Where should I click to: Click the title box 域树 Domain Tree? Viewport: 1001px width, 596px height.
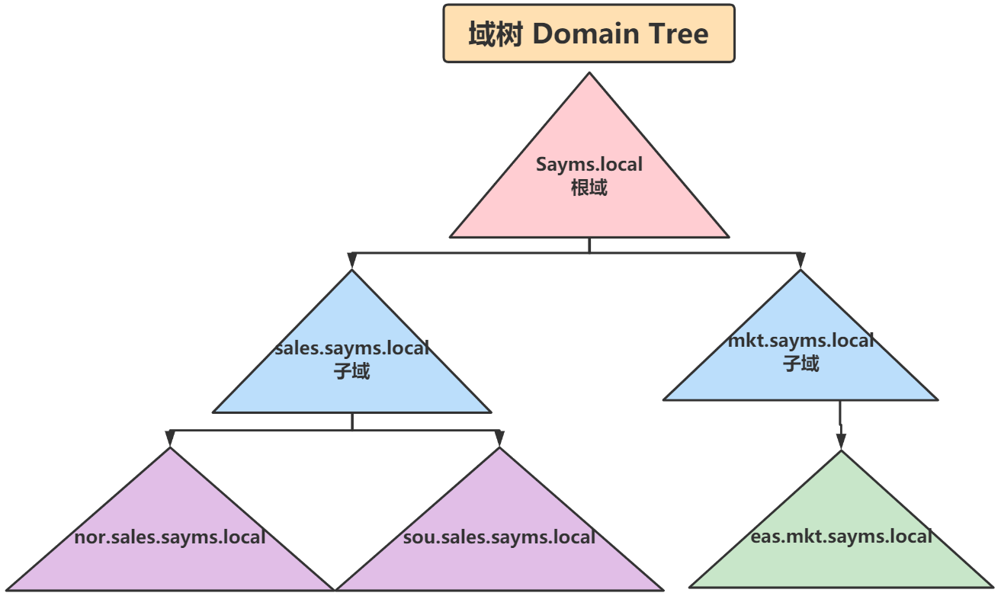pos(589,34)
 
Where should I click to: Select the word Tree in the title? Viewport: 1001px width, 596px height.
pos(679,34)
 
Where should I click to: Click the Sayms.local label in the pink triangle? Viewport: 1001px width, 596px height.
pos(589,164)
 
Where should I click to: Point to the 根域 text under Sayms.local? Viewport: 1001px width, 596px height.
pos(589,187)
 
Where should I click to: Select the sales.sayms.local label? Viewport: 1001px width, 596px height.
pos(352,348)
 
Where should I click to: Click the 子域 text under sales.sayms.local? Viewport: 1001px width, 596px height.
pos(352,372)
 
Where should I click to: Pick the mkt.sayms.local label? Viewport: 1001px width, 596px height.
pos(800,340)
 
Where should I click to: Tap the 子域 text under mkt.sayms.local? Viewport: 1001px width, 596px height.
pos(800,364)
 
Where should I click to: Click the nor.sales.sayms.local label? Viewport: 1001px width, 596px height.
pos(170,537)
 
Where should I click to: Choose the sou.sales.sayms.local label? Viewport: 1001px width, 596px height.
pos(499,537)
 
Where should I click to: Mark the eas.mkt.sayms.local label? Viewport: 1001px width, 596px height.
pos(841,536)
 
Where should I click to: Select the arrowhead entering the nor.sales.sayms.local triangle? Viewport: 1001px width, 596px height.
pos(170,438)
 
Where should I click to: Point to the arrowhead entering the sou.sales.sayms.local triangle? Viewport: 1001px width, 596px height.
pos(499,438)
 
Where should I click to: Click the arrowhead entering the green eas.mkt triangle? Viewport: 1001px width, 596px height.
pos(841,441)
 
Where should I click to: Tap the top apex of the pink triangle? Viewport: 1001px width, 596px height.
pos(589,75)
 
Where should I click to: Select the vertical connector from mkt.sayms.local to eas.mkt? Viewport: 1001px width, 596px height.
pos(840,418)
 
